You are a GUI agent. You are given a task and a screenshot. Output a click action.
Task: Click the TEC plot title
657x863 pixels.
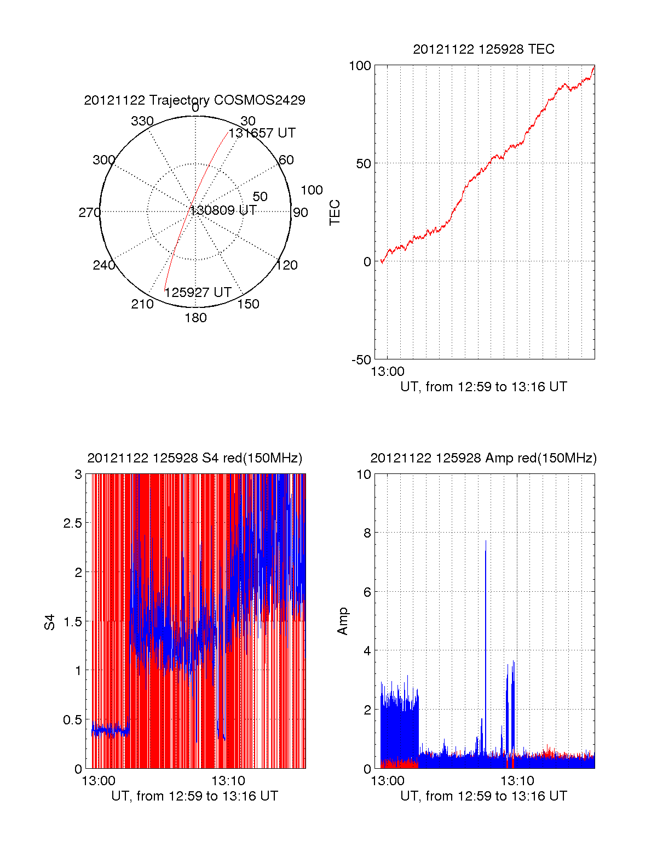pyautogui.click(x=483, y=49)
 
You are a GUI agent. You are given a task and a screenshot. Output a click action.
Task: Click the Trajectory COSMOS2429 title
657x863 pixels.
pyautogui.click(x=194, y=100)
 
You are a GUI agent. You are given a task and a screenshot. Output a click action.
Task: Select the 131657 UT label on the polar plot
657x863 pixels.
pyautogui.click(x=262, y=133)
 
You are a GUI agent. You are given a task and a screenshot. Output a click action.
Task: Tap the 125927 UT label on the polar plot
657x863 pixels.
pyautogui.click(x=198, y=293)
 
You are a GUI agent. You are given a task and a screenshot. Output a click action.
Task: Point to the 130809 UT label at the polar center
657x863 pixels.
pyautogui.click(x=223, y=210)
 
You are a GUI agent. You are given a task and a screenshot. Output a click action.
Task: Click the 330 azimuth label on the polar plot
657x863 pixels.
pyautogui.click(x=142, y=121)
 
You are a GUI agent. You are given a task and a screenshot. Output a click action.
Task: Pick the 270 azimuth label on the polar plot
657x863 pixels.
pyautogui.click(x=89, y=213)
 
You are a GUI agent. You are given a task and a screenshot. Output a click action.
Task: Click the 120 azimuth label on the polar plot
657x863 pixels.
pyautogui.click(x=287, y=266)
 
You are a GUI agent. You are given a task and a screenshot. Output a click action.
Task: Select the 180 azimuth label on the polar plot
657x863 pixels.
pyautogui.click(x=195, y=318)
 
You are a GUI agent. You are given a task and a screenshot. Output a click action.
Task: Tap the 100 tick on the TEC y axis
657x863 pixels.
pyautogui.click(x=360, y=66)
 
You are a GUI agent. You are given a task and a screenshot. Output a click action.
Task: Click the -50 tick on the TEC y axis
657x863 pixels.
pyautogui.click(x=361, y=360)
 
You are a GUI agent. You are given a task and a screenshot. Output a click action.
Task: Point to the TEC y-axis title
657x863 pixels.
pyautogui.click(x=335, y=213)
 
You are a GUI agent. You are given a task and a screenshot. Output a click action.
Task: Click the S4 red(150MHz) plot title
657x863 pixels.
pyautogui.click(x=194, y=458)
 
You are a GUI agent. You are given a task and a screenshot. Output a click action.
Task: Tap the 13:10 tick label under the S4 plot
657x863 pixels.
pyautogui.click(x=228, y=780)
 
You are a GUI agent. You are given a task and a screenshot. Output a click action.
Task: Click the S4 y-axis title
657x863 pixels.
pyautogui.click(x=50, y=622)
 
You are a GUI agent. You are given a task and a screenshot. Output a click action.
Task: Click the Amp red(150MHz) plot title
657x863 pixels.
pyautogui.click(x=483, y=458)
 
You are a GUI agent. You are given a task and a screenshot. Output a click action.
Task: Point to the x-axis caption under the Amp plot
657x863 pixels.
pyautogui.click(x=483, y=796)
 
